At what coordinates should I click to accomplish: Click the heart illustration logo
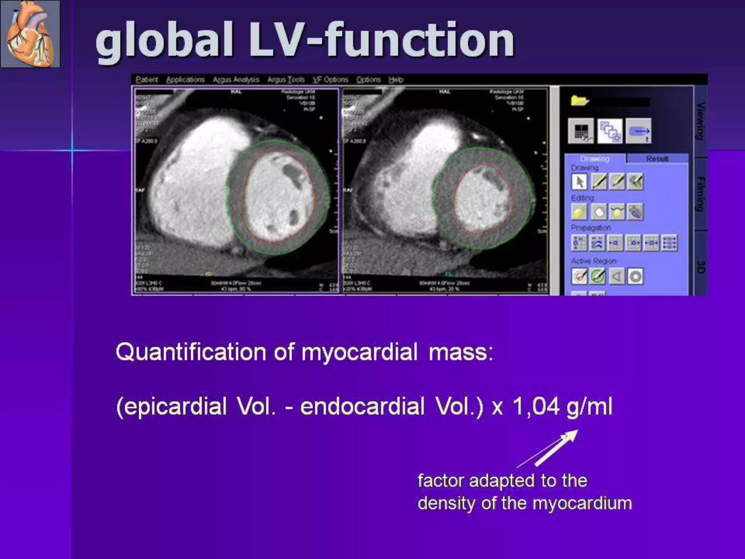[30, 34]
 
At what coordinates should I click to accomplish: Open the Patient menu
[147, 80]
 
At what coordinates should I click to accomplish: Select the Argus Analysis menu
[236, 80]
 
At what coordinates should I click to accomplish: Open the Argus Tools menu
[286, 80]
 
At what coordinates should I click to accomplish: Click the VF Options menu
[330, 80]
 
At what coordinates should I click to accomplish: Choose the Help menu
[396, 80]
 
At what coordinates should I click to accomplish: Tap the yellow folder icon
[579, 101]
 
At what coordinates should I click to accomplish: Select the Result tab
[657, 159]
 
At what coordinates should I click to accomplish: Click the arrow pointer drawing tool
[579, 182]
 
